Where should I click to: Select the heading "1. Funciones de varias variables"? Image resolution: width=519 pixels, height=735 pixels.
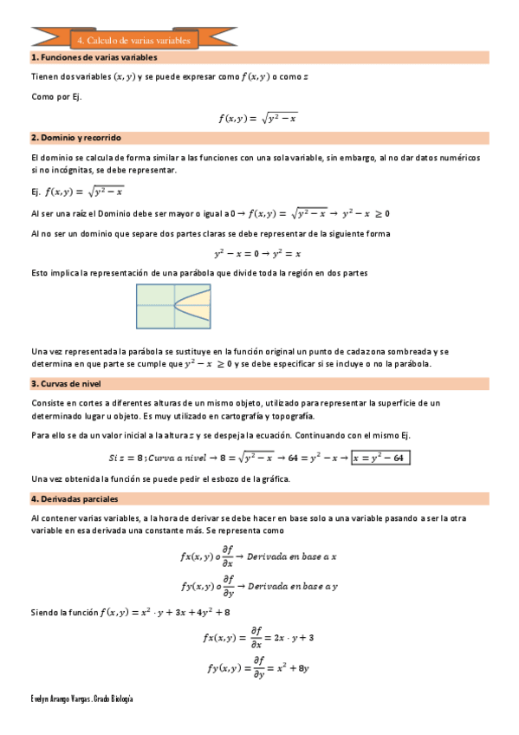click(x=94, y=57)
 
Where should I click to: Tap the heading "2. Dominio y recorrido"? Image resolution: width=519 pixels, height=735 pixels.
click(x=76, y=138)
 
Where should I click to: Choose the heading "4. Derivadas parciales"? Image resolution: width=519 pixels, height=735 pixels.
click(x=75, y=498)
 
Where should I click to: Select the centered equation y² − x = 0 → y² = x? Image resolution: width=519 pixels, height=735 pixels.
click(x=258, y=254)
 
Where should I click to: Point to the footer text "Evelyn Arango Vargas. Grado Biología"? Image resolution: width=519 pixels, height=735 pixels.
click(x=82, y=699)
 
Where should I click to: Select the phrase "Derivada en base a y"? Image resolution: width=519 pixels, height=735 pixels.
click(x=292, y=587)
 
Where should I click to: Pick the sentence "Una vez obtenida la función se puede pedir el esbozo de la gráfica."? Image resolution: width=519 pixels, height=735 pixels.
click(x=172, y=479)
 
